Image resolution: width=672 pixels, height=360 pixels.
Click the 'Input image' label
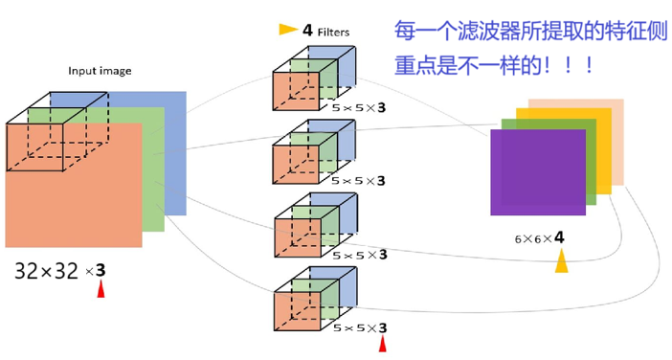(x=100, y=71)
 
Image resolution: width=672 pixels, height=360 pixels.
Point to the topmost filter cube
(x=315, y=79)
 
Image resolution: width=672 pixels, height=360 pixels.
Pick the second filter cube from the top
(x=315, y=154)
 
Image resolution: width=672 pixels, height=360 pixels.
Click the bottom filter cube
(x=315, y=301)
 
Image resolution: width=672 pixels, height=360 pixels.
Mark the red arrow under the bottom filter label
(x=383, y=344)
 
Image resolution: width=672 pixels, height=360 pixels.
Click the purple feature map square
(x=537, y=172)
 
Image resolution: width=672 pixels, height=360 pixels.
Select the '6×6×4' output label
(x=539, y=235)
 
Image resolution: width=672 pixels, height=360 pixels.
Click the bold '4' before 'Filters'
(x=307, y=31)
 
